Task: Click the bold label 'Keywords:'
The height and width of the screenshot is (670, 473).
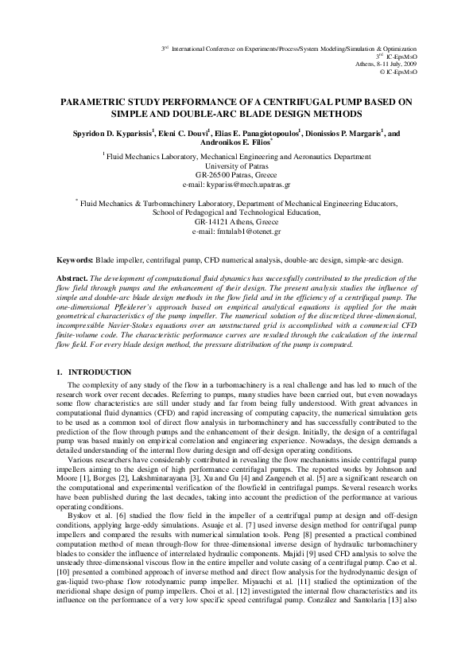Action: tap(74, 260)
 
